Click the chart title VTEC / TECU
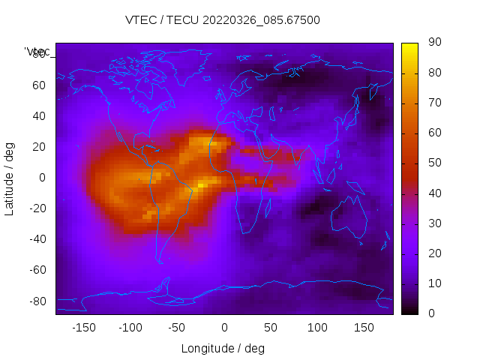click(223, 20)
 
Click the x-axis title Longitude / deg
click(223, 349)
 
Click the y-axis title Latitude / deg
click(10, 178)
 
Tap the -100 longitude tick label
click(130, 328)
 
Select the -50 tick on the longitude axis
click(177, 328)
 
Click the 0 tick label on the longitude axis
click(224, 328)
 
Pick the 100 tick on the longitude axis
click(317, 328)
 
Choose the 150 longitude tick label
click(364, 328)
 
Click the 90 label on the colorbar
click(434, 43)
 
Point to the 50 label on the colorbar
click(434, 163)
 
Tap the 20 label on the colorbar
click(434, 253)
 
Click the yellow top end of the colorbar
click(409, 46)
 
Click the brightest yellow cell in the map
click(201, 185)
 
